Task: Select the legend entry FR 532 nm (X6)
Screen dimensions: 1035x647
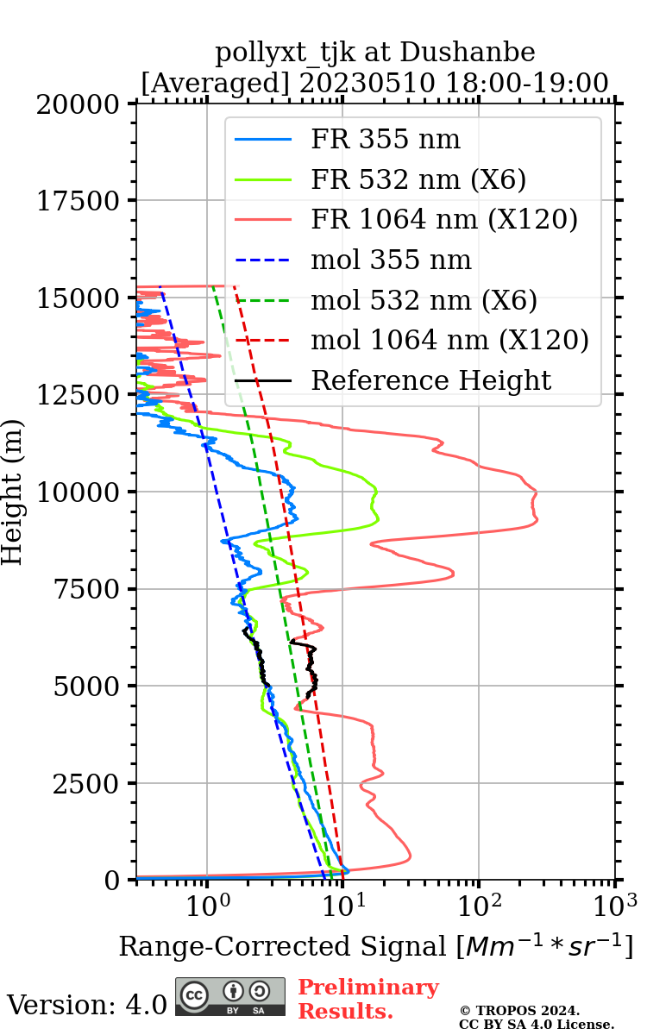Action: point(418,179)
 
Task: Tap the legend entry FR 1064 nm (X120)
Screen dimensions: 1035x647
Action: point(444,220)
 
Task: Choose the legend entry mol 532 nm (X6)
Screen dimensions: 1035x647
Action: point(424,300)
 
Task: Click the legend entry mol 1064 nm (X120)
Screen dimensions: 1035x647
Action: point(449,340)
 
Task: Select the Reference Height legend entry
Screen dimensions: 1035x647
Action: point(430,380)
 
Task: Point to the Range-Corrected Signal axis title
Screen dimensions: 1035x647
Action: point(375,946)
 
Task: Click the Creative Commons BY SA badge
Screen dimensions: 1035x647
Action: point(229,997)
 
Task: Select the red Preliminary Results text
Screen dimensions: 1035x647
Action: point(367,999)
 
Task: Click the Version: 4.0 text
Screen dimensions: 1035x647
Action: point(87,1004)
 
